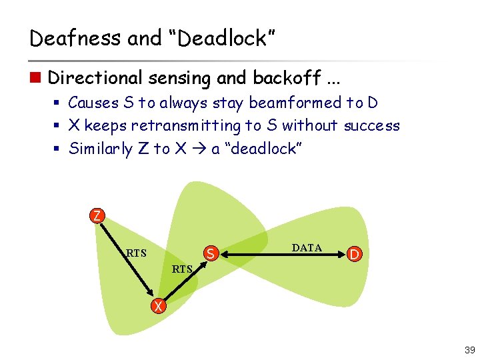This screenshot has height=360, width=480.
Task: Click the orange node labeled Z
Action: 97,215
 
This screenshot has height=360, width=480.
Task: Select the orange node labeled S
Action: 210,253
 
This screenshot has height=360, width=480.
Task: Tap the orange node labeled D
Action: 355,254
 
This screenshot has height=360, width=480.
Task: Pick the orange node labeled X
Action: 157,306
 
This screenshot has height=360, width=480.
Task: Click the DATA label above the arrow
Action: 307,248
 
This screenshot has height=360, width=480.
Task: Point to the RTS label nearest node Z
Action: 136,253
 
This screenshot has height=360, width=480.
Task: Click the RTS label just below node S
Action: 182,269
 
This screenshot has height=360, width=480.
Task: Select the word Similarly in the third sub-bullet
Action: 100,149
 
